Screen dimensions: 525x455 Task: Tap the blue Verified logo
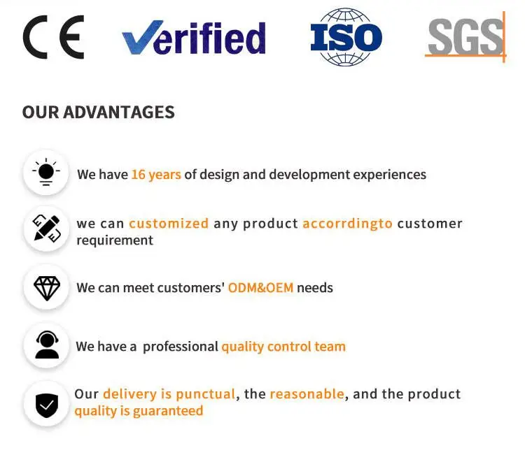click(x=194, y=38)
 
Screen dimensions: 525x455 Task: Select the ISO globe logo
click(x=346, y=37)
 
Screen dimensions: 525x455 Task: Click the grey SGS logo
click(x=465, y=37)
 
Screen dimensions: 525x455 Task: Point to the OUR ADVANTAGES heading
click(x=99, y=112)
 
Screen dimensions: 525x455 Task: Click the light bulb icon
click(x=46, y=172)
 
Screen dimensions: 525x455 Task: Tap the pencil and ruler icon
click(x=46, y=229)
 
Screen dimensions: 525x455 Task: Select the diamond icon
click(x=47, y=289)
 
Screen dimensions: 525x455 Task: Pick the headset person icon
click(x=47, y=345)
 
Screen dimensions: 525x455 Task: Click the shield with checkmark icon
click(x=47, y=405)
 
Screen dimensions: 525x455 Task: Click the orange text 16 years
click(x=156, y=175)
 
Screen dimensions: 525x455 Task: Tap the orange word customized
click(x=169, y=224)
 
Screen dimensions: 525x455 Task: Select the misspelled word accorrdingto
click(x=347, y=224)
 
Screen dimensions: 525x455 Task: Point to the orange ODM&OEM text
click(x=261, y=287)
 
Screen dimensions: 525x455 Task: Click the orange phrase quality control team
click(x=283, y=347)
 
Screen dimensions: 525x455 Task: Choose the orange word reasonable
click(x=307, y=393)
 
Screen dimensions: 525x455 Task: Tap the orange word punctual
click(x=206, y=394)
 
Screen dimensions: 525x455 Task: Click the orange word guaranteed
click(x=168, y=411)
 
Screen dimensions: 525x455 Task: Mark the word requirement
click(x=115, y=240)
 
